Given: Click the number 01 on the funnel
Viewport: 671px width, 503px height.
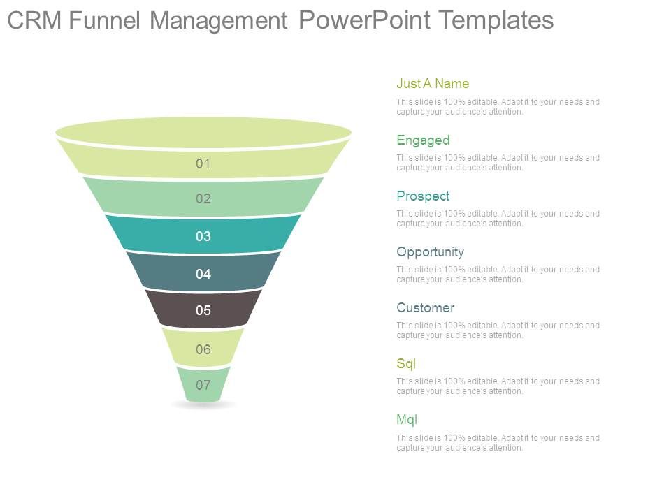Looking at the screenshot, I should coord(203,164).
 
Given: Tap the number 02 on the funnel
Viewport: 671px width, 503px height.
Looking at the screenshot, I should coord(203,199).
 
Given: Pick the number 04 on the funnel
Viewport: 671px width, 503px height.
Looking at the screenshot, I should coord(203,274).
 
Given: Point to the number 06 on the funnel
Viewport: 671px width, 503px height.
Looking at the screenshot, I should coord(203,349).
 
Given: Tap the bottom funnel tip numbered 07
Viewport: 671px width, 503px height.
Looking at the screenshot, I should coord(203,385).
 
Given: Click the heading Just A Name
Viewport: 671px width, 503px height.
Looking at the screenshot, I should coord(433,84).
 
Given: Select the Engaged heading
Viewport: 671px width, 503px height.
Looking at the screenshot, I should coord(423,140).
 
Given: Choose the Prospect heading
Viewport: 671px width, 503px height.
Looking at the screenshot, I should coord(423,196).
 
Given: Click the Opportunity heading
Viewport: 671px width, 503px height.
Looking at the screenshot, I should coord(430,251).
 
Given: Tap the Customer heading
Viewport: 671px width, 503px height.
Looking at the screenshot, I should coord(425,307).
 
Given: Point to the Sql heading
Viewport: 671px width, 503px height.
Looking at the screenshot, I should coord(406,363).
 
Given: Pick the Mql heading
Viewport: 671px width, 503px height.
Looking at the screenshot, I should coord(407,419).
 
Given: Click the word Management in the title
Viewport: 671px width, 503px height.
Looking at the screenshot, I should coord(218,21).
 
